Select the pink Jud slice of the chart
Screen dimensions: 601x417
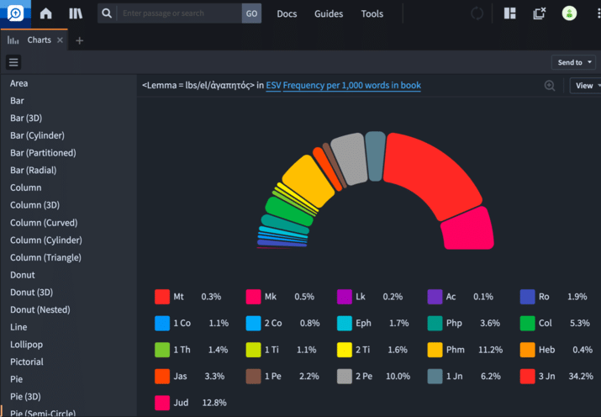tap(467, 230)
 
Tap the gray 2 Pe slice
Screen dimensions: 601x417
tap(350, 158)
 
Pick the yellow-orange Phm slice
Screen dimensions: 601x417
tap(308, 181)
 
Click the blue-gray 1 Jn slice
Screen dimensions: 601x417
tap(375, 156)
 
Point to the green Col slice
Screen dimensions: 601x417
tap(289, 211)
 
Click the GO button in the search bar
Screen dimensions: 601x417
tap(251, 13)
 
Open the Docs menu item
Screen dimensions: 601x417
tap(287, 13)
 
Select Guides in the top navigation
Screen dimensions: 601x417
tap(329, 13)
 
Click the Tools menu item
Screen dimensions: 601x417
tap(372, 13)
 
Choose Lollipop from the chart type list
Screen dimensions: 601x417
tap(26, 344)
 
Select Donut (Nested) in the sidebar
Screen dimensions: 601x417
tap(40, 309)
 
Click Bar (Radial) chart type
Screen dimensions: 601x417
tap(34, 170)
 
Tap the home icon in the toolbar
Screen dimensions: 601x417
tap(45, 13)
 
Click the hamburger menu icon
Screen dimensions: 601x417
tap(13, 62)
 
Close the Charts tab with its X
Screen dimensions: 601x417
tap(60, 40)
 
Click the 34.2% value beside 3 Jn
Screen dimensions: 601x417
tap(581, 376)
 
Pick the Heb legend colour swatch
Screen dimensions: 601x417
tap(527, 350)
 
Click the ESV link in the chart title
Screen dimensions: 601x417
tap(273, 85)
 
